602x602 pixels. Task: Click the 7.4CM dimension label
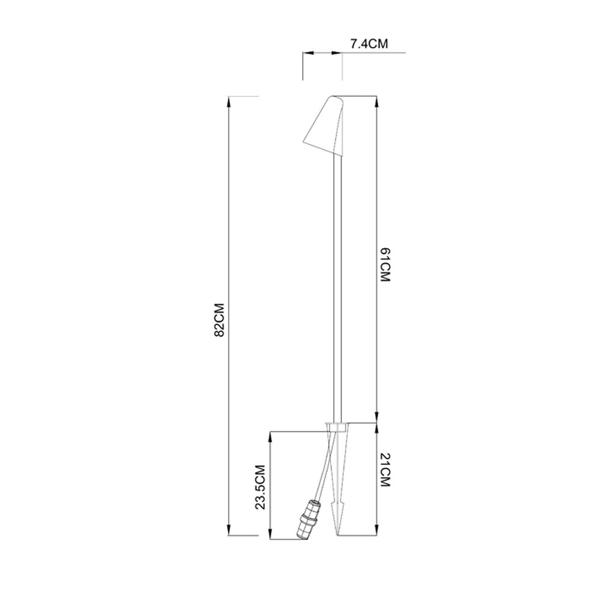pyautogui.click(x=369, y=44)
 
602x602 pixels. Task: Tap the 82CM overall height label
pyautogui.click(x=219, y=320)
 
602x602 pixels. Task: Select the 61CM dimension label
pyautogui.click(x=385, y=265)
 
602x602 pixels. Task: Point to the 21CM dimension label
pyautogui.click(x=385, y=470)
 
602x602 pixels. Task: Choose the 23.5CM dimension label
pyautogui.click(x=261, y=487)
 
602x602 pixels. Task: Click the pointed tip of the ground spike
pyautogui.click(x=338, y=535)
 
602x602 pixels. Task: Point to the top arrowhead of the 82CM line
pyautogui.click(x=229, y=102)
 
